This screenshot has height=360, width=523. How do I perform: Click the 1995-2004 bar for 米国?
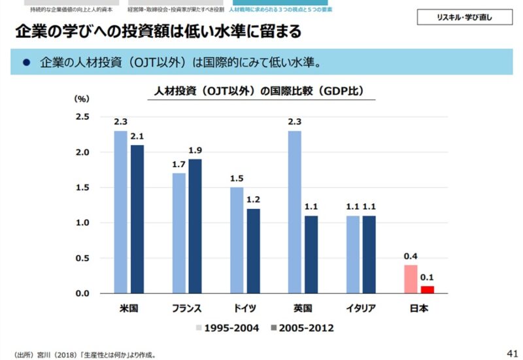121,212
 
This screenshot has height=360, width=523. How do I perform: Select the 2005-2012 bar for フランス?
195,226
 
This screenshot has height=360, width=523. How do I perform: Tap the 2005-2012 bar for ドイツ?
253,251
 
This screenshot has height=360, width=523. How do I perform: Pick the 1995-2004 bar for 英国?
295,212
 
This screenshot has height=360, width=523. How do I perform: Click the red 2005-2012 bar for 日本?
427,289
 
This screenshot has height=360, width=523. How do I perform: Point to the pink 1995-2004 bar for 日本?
411,279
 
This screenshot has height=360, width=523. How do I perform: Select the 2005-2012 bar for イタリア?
369,254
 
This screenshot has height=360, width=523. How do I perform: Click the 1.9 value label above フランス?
195,151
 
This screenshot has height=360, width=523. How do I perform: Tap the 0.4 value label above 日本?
411,257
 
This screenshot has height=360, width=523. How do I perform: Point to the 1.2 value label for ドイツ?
253,200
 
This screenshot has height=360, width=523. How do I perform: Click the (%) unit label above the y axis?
80,99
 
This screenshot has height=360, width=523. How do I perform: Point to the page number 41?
512,353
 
